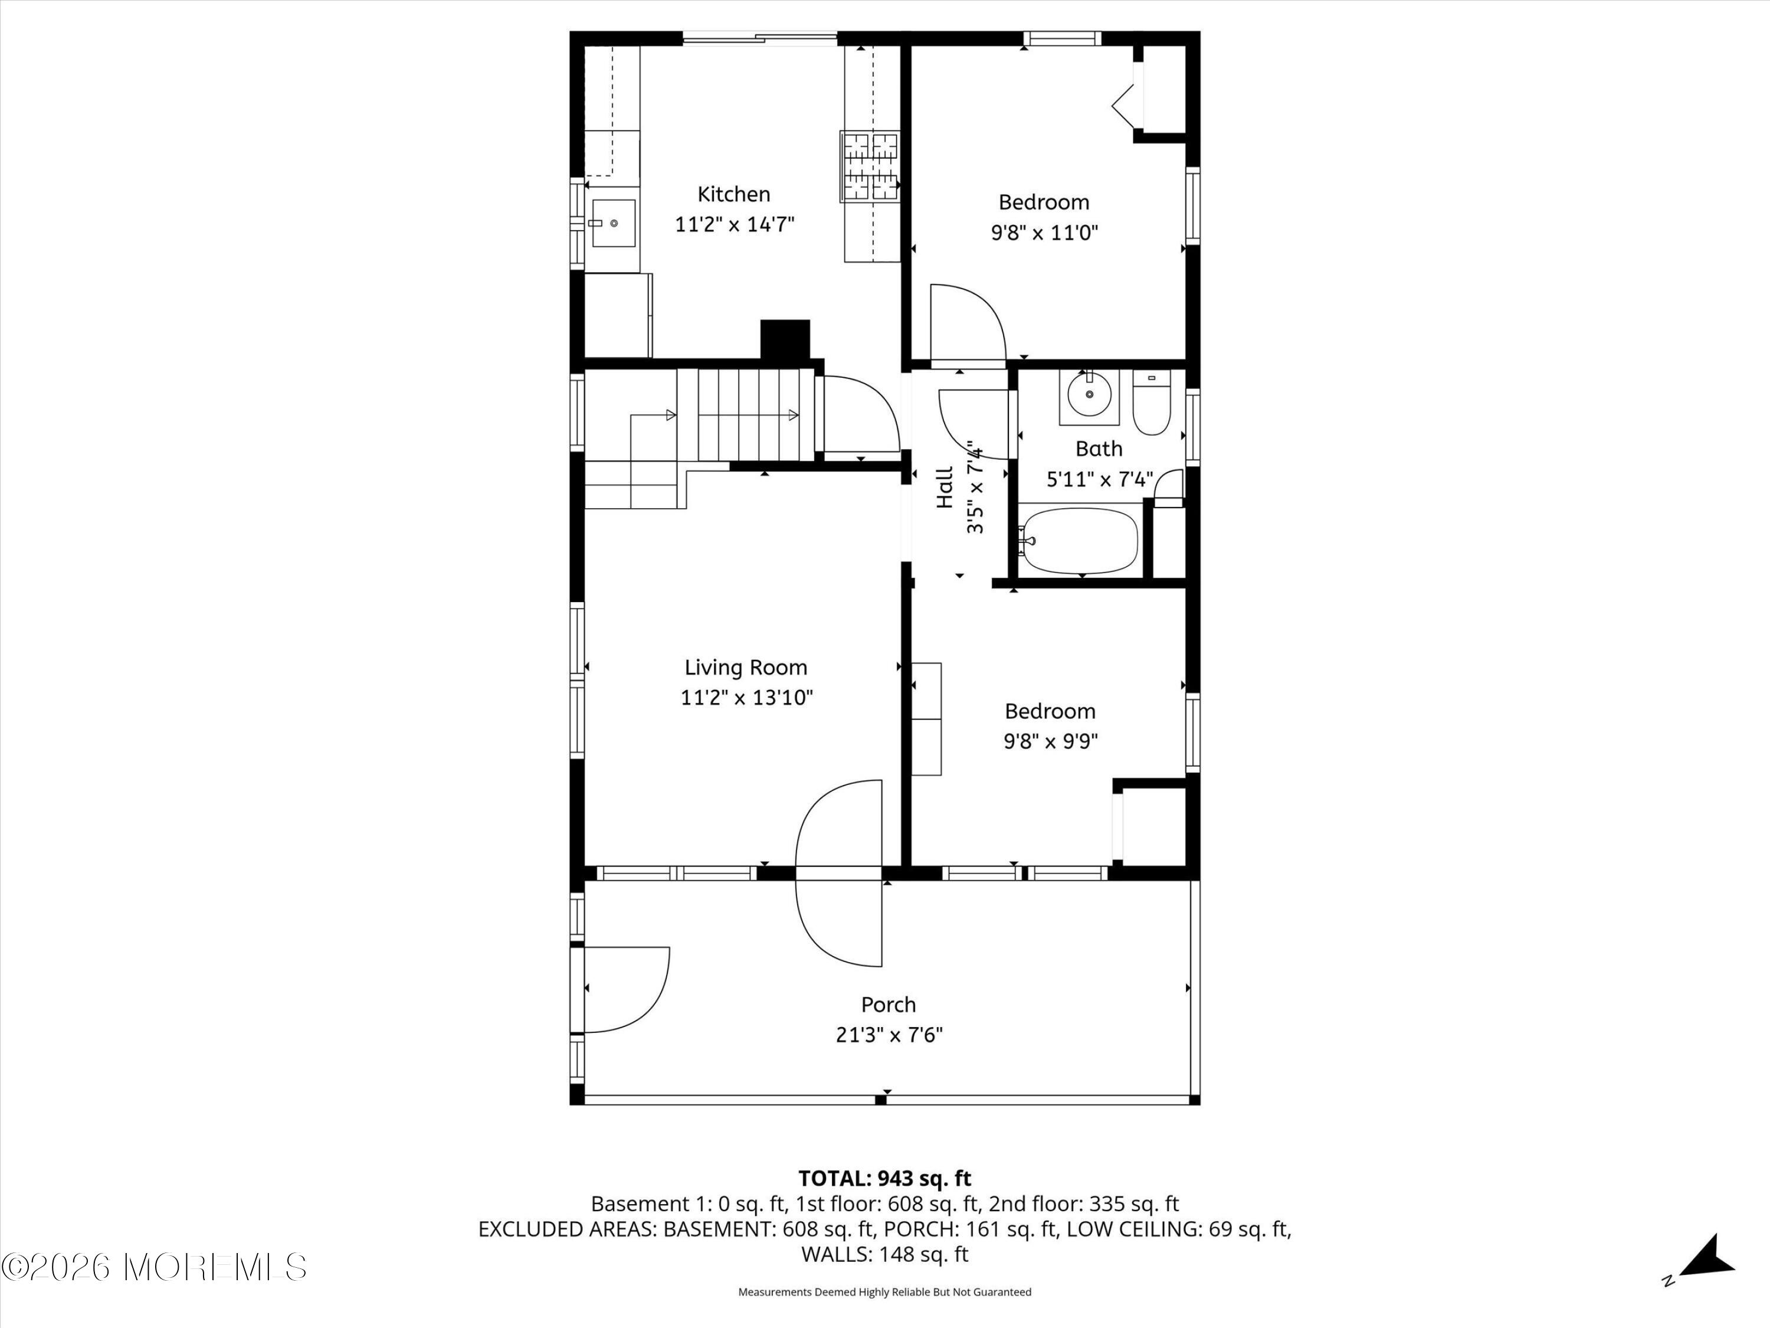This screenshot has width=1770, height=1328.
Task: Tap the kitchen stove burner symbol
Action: tap(870, 166)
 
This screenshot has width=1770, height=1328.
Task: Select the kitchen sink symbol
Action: tap(613, 224)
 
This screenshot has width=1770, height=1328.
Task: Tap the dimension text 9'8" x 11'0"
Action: tap(1044, 233)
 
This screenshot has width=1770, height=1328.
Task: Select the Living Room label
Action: tap(746, 667)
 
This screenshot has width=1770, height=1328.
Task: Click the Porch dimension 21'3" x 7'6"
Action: tap(889, 1035)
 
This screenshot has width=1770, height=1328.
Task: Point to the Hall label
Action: tap(945, 488)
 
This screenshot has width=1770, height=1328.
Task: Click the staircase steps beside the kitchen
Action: tap(748, 415)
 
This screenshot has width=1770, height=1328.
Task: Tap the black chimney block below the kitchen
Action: tap(785, 339)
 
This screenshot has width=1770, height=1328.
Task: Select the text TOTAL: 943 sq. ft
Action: tap(884, 1178)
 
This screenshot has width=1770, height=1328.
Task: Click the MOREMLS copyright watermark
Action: tap(153, 1267)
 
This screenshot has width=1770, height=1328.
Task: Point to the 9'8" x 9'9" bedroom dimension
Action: tap(1051, 741)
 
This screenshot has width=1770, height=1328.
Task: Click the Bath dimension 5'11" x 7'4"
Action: tap(1099, 479)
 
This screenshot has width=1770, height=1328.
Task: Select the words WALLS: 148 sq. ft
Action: tap(884, 1254)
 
